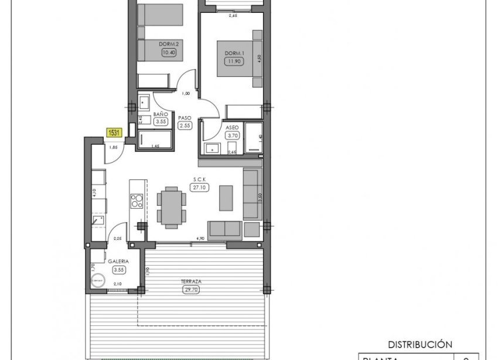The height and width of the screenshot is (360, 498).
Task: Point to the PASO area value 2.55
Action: point(186,125)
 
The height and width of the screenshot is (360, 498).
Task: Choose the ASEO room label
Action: point(233,127)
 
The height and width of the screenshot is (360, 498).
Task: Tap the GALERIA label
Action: point(118,261)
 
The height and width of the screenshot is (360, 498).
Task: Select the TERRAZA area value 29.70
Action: point(191,289)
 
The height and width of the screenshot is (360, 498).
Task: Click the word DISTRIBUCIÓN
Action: point(421,345)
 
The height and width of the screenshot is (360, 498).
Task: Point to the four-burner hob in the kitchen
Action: point(136,201)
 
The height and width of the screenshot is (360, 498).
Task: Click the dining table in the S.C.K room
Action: point(172,206)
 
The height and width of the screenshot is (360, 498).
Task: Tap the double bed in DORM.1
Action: point(239,59)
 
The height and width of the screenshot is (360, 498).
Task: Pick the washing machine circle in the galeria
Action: point(96,283)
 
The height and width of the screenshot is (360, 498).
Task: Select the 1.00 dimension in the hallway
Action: point(186,93)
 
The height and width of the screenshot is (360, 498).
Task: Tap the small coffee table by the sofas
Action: point(226,197)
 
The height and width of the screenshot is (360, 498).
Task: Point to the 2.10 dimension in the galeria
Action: point(117,284)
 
